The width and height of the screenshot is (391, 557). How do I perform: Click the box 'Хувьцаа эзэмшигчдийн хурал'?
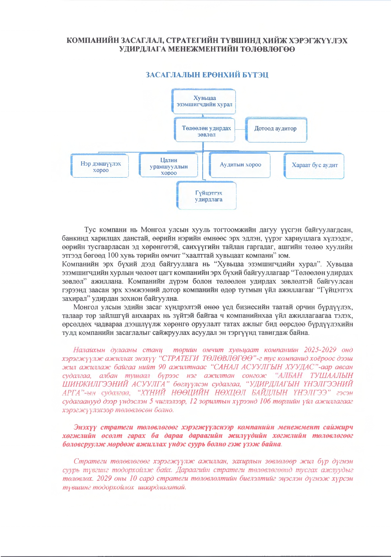click(x=204, y=101)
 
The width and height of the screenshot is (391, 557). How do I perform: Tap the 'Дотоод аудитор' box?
click(x=276, y=129)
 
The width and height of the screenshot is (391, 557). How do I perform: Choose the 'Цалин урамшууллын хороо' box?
click(x=169, y=166)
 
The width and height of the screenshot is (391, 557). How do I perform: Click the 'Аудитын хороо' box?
click(x=240, y=165)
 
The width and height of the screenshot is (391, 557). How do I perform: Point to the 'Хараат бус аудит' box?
click(x=314, y=165)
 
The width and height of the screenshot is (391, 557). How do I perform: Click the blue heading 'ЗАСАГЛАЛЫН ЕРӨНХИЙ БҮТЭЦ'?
click(x=207, y=75)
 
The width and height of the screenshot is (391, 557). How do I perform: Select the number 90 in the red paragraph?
click(x=162, y=367)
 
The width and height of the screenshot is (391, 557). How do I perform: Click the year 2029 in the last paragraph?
click(x=105, y=478)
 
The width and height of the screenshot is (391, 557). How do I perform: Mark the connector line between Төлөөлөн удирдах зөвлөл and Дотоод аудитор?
click(x=241, y=129)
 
